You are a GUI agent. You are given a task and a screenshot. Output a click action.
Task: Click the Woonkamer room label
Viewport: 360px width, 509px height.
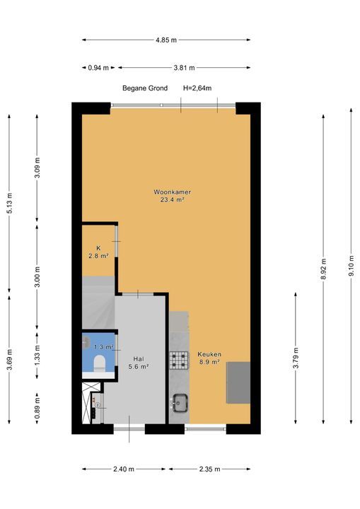tap(172, 196)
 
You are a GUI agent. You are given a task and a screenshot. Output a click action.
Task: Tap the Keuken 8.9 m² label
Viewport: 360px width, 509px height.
tap(209, 358)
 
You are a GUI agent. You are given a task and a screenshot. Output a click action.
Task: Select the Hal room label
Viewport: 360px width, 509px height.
tap(139, 363)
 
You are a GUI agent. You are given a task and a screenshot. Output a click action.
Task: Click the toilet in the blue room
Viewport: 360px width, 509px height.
tap(100, 363)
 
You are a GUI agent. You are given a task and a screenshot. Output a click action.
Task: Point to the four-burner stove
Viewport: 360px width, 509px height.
tap(179, 360)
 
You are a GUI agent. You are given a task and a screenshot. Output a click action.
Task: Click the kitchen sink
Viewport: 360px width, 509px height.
tap(180, 403)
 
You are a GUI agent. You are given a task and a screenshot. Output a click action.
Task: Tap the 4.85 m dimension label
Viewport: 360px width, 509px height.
tap(166, 40)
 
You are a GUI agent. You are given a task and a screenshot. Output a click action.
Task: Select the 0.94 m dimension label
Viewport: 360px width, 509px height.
tap(98, 68)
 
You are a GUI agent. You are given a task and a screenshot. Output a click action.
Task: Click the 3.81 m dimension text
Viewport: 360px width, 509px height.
tap(184, 68)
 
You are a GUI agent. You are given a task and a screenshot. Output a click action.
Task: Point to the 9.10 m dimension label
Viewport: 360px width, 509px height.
tap(352, 266)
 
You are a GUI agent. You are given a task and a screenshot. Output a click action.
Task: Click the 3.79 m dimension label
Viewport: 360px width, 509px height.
tap(296, 358)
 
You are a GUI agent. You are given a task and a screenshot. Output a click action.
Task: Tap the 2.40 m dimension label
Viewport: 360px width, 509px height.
tap(124, 469)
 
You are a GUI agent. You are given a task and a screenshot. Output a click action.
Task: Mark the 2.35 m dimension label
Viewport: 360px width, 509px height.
tap(209, 469)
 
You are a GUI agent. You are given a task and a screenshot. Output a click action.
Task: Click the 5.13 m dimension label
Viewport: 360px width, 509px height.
tap(9, 203)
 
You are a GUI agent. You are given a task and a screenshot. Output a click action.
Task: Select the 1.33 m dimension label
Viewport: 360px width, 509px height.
tap(37, 355)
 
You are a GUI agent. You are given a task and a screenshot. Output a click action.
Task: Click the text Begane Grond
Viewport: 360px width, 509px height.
tap(145, 88)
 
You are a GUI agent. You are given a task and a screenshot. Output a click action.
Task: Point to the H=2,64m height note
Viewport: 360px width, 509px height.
tap(197, 88)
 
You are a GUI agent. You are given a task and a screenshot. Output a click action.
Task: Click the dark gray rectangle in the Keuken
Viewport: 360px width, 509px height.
tap(238, 382)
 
